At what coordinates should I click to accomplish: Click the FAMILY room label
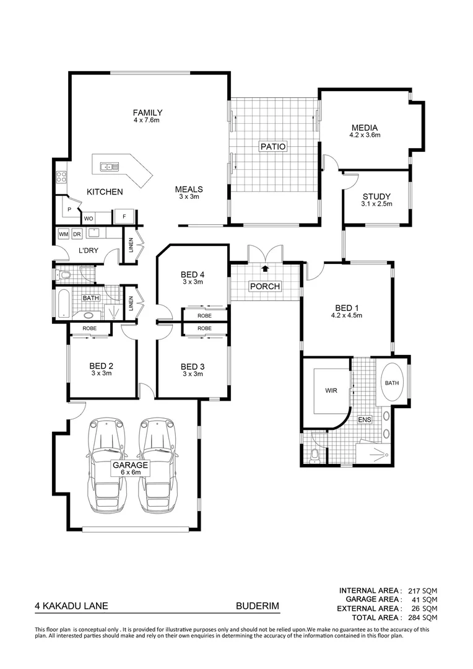pyautogui.click(x=147, y=113)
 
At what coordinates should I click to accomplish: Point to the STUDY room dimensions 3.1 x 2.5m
pyautogui.click(x=377, y=204)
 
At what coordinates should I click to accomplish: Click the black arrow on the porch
pyautogui.click(x=265, y=269)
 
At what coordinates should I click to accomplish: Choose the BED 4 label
pyautogui.click(x=192, y=274)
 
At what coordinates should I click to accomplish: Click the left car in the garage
pyautogui.click(x=107, y=465)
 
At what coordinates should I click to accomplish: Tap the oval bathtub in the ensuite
pyautogui.click(x=392, y=383)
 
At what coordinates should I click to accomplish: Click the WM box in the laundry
pyautogui.click(x=63, y=235)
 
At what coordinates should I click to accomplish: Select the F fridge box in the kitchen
pyautogui.click(x=124, y=217)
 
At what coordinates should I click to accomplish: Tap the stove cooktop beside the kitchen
pyautogui.click(x=61, y=177)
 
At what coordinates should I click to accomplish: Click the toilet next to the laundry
pyautogui.click(x=65, y=273)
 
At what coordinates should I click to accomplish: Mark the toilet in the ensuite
pyautogui.click(x=315, y=457)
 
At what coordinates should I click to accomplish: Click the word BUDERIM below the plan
pyautogui.click(x=254, y=608)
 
